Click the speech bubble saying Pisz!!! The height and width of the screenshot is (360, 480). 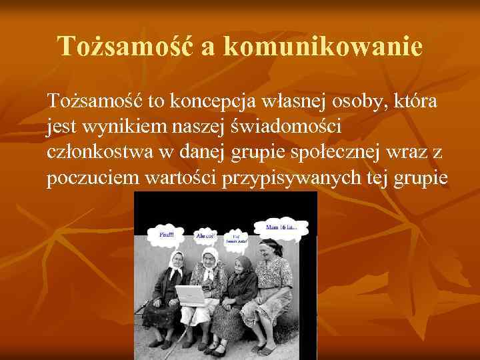[x=165, y=235]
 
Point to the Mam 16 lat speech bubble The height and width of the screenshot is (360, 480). [x=283, y=228]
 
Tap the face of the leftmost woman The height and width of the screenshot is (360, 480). [x=176, y=261]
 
